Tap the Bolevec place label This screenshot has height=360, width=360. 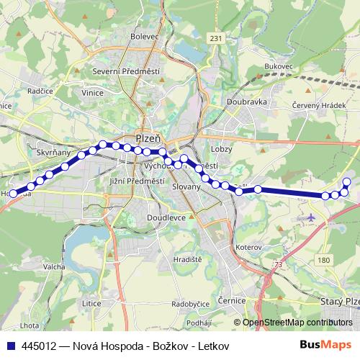pyautogui.click(x=145, y=36)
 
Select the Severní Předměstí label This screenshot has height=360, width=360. pyautogui.click(x=126, y=71)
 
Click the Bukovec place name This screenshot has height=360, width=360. pyautogui.click(x=279, y=66)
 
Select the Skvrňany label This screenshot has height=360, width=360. pyautogui.click(x=53, y=153)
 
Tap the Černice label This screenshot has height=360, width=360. pyautogui.click(x=232, y=300)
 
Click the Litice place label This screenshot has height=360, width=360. pyautogui.click(x=92, y=303)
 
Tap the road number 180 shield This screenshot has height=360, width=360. pyautogui.click(x=325, y=259)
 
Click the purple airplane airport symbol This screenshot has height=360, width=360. pyautogui.click(x=311, y=217)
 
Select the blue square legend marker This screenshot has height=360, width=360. pyautogui.click(x=10, y=345)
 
